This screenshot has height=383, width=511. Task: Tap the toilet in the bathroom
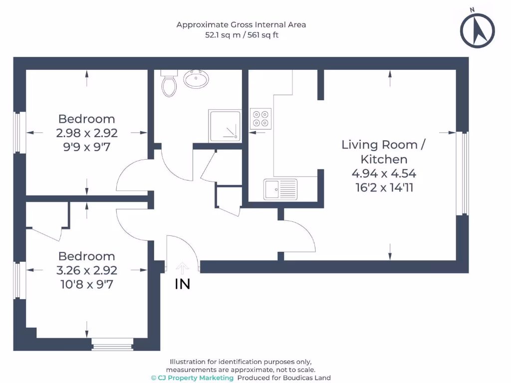tap(169, 83)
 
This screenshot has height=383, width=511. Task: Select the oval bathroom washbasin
tap(196, 79)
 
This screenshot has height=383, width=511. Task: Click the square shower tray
tap(225, 126)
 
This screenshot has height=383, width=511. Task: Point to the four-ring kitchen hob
tap(260, 119)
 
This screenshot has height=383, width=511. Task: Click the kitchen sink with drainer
tap(280, 189)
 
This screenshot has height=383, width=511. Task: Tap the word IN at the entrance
tap(183, 284)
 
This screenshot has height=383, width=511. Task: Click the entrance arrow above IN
tap(182, 268)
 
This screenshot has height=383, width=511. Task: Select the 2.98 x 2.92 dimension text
tap(87, 133)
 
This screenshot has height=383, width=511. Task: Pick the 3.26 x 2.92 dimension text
tap(87, 270)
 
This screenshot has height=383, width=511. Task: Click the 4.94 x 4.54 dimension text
tap(384, 173)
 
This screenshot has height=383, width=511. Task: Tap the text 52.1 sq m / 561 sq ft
tap(242, 35)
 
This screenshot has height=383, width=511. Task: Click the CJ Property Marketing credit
tap(192, 378)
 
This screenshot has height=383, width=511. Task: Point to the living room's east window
tap(463, 173)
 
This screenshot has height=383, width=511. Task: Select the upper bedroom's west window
tap(19, 132)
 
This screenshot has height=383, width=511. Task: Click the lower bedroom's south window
tap(112, 344)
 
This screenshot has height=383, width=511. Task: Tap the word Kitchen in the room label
tap(384, 159)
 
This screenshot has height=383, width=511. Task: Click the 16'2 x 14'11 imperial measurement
tap(385, 188)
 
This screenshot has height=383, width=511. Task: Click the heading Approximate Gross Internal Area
tap(241, 25)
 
